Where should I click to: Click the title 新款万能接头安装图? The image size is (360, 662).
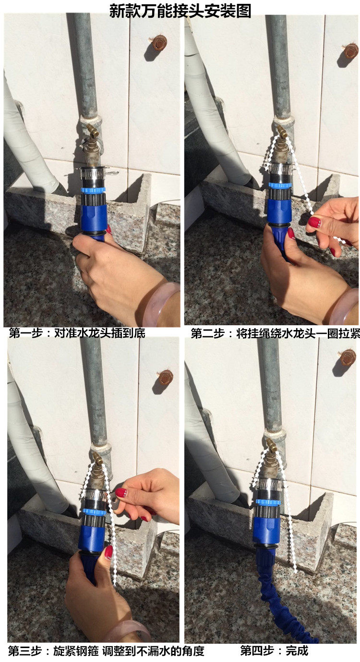pos(180,11)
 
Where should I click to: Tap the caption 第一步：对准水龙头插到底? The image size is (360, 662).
pos(77,333)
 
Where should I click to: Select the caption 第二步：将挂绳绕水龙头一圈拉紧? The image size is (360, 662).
pos(276,333)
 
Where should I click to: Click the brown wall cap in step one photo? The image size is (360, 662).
pos(159,44)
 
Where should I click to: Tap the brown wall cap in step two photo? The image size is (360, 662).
pos(351,50)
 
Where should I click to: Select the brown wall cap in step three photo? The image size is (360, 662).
pos(166,377)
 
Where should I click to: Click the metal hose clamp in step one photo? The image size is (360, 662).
pos(93,172)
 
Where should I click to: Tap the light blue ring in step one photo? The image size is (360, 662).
pos(93,190)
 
